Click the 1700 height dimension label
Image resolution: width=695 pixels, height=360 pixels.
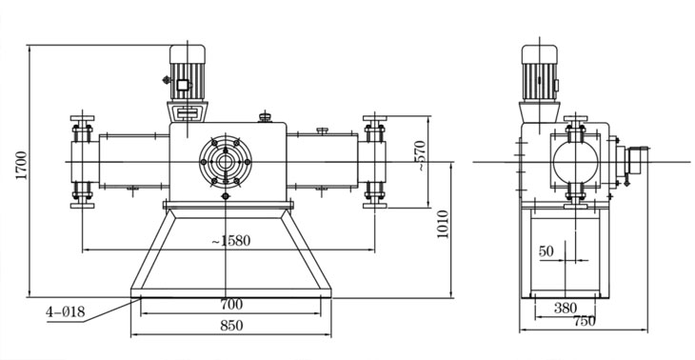(x=22, y=166)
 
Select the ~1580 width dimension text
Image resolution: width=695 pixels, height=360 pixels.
(x=231, y=241)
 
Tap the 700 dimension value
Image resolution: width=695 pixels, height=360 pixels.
(x=231, y=304)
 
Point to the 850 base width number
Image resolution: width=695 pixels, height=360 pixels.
(x=231, y=326)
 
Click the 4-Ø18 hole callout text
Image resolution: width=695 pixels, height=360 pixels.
(x=65, y=311)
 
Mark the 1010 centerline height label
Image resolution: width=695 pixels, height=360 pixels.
(x=443, y=225)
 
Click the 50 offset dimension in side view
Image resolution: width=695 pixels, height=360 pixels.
(x=546, y=251)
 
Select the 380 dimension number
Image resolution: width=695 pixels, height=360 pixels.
(x=566, y=308)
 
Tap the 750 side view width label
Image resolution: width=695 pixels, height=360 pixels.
(x=585, y=321)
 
